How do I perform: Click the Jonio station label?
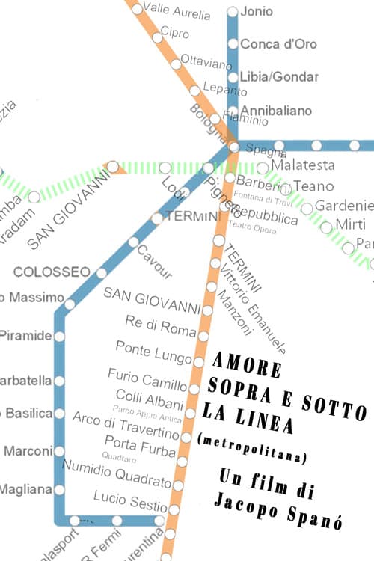click(x=257, y=11)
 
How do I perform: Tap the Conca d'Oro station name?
click(x=278, y=44)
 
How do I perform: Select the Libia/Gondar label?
click(x=279, y=77)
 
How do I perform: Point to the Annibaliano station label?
click(x=275, y=111)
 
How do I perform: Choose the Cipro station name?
click(x=174, y=34)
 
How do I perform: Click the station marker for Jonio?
click(x=233, y=11)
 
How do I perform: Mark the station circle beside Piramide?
click(x=59, y=336)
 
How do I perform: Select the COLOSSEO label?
click(x=52, y=271)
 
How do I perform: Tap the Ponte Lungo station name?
click(x=153, y=349)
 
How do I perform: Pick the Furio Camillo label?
click(x=147, y=379)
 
